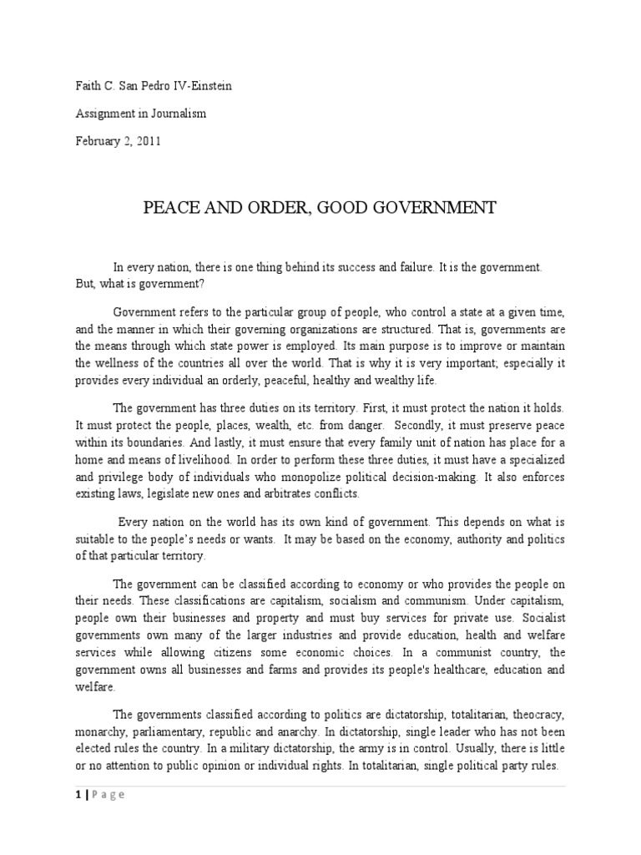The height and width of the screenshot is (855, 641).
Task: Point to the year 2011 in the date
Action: point(147,140)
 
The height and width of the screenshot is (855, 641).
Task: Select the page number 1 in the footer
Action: point(78,795)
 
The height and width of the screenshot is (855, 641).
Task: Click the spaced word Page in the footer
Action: point(108,795)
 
